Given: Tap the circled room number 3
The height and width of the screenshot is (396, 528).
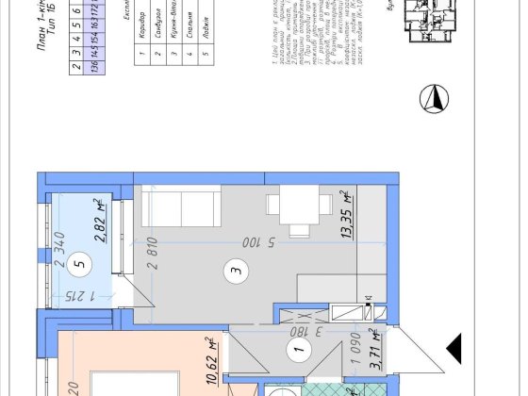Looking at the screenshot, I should (x=235, y=274).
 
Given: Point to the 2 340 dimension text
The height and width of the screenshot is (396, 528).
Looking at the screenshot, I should (x=58, y=239).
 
